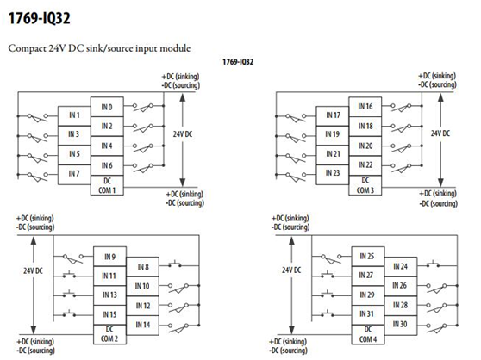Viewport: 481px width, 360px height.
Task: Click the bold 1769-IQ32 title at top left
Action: (40, 18)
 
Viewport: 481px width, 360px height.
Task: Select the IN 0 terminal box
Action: (107, 107)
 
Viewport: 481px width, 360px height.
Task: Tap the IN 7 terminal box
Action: (74, 174)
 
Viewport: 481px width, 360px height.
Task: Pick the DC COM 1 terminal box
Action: (107, 185)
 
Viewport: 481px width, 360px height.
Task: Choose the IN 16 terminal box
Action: (365, 107)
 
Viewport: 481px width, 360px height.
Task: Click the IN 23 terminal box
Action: (333, 174)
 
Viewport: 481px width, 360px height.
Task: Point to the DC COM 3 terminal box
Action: (365, 185)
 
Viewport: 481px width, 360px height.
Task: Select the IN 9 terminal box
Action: (109, 257)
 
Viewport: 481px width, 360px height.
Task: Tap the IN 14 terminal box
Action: (142, 325)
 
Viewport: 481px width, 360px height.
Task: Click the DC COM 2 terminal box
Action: (109, 334)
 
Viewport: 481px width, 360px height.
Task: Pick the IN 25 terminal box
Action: (368, 257)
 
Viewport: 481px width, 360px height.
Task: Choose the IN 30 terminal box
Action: (400, 325)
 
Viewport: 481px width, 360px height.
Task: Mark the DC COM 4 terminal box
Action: (368, 334)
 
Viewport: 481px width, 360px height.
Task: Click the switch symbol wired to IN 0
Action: (143, 107)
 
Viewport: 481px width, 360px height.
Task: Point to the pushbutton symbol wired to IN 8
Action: (174, 264)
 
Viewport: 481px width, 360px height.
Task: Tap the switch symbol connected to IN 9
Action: (73, 259)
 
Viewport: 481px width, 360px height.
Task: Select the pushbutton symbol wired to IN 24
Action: (433, 264)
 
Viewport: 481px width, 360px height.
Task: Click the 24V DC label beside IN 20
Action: (440, 133)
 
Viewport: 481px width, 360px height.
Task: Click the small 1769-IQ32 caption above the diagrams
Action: (238, 62)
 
